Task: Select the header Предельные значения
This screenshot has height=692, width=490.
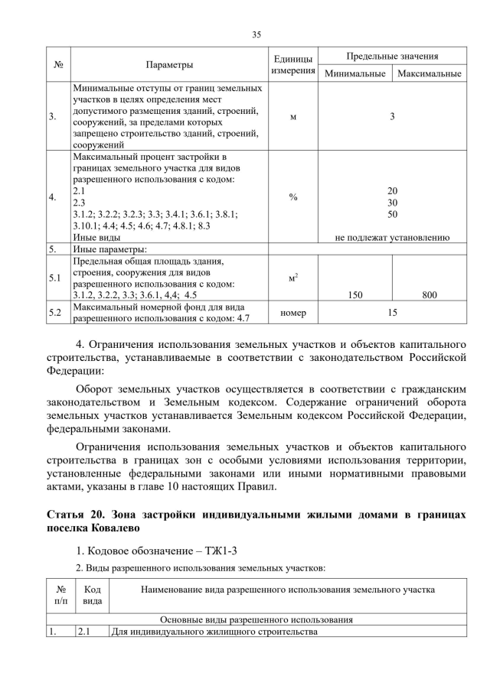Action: (x=392, y=57)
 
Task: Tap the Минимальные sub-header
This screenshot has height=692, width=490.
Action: (x=354, y=74)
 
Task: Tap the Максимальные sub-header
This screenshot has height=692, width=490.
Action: (x=429, y=74)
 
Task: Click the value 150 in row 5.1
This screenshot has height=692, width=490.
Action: (x=354, y=294)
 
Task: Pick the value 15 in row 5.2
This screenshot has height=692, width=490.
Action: (x=392, y=312)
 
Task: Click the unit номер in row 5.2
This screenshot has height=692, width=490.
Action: (x=293, y=312)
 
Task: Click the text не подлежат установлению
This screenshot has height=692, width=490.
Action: (x=392, y=238)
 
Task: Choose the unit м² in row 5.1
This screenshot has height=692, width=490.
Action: (x=293, y=278)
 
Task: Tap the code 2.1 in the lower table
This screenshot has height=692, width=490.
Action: (x=83, y=632)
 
